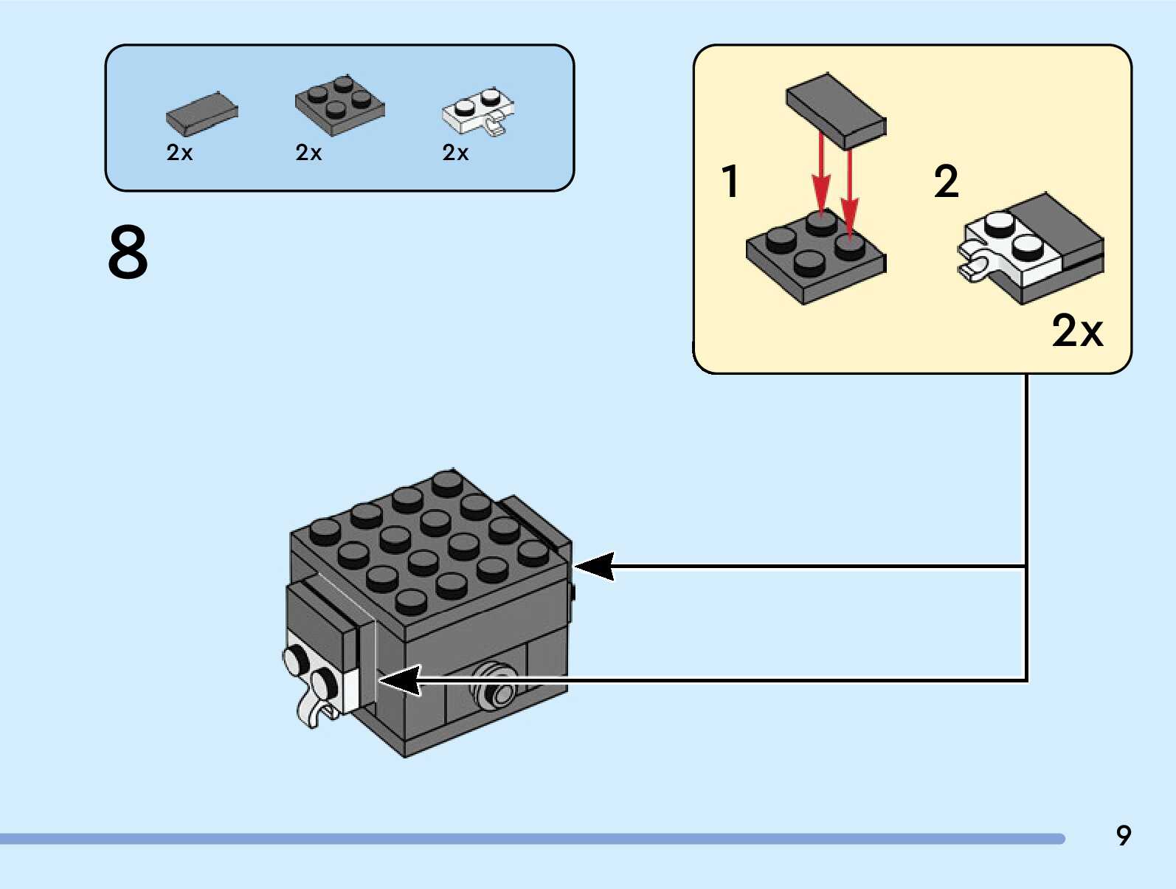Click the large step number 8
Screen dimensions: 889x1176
[128, 252]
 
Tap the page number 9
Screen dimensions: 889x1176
[1123, 835]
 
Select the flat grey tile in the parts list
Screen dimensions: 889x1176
[201, 114]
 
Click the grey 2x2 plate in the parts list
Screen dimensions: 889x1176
[339, 105]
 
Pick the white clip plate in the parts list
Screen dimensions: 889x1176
[479, 112]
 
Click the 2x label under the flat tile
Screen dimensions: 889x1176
[179, 153]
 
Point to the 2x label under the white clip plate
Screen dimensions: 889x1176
[455, 153]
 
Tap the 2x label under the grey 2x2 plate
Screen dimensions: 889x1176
[308, 153]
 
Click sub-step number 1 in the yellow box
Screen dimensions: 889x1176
[730, 181]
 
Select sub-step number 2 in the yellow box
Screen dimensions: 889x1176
[947, 181]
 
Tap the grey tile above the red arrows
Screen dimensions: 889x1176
[836, 111]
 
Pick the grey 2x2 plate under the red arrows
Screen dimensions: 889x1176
[815, 255]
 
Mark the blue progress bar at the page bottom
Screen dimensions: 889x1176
[531, 839]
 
